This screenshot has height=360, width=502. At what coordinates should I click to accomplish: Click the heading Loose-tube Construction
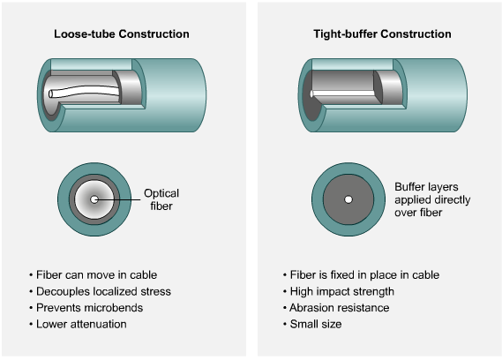coord(122,34)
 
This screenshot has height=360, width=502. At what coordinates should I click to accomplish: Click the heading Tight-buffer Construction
coord(382,34)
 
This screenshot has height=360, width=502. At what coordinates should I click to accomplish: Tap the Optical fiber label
coord(161,199)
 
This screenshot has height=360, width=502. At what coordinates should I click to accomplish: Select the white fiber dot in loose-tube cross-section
coord(94,199)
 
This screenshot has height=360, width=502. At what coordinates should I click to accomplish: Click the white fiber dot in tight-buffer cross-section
coord(348,199)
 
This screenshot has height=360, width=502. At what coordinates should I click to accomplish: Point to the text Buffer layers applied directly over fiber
coord(432,199)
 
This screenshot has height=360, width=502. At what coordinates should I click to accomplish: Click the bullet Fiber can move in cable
coord(94,274)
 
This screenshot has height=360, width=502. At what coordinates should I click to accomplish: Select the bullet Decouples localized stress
coord(100,291)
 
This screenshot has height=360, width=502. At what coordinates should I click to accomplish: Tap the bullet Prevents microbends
coord(86,308)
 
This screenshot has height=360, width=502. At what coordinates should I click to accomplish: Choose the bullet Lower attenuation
coord(78,324)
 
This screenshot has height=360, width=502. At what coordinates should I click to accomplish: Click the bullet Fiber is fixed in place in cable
coord(361,274)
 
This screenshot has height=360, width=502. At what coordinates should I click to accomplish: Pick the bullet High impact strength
coord(339,291)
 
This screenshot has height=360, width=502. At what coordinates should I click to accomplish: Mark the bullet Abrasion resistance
coord(336,308)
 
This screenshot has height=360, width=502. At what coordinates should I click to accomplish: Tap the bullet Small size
coord(312,324)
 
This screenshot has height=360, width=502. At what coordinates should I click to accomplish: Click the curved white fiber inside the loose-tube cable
coord(84,91)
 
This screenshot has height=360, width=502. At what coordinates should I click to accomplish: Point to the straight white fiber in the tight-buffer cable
coord(342,94)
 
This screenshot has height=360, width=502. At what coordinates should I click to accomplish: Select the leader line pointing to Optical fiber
coord(117,200)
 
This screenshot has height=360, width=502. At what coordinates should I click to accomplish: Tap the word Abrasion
coord(310,308)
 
